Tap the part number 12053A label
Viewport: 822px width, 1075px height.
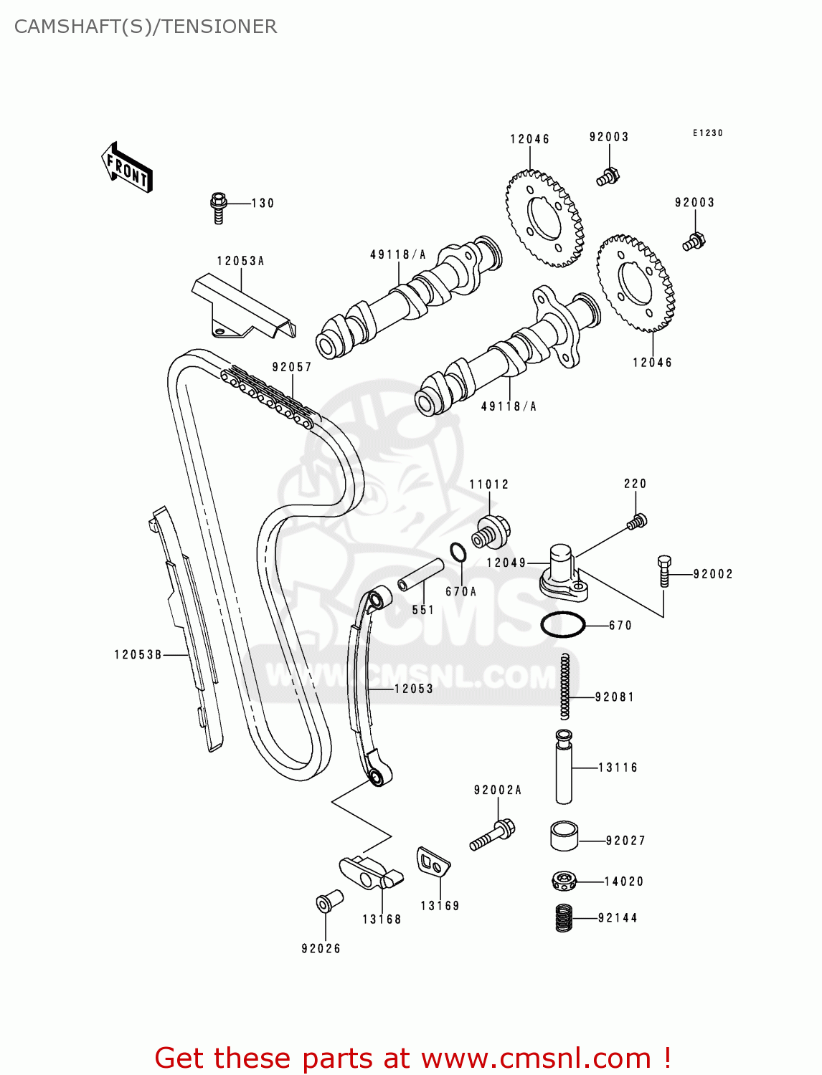(240, 261)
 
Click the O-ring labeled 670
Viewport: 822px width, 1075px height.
(563, 625)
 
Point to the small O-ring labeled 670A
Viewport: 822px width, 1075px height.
(458, 553)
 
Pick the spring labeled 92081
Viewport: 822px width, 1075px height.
(564, 686)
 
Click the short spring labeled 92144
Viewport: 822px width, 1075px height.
(564, 918)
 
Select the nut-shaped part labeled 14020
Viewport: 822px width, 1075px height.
(564, 881)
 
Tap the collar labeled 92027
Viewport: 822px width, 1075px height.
(564, 836)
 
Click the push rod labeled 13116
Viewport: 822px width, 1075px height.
(564, 767)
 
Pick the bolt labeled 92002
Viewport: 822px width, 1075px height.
(664, 571)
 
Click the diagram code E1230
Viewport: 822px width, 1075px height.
(707, 133)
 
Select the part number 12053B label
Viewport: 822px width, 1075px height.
(138, 654)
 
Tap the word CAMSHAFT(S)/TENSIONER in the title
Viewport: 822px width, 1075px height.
(146, 27)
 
